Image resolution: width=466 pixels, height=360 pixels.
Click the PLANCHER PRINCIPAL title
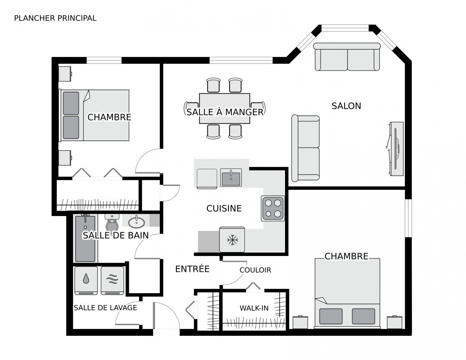(55, 18)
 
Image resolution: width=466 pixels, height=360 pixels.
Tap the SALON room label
(346, 106)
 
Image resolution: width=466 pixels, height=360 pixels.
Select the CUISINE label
(224, 208)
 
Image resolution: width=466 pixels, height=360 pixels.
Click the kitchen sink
(231, 177)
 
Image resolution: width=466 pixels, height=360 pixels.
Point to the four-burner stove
(273, 208)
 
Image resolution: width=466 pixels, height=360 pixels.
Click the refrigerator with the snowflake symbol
(232, 239)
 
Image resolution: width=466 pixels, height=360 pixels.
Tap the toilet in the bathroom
(112, 223)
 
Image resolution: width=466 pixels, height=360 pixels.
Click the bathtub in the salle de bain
(85, 238)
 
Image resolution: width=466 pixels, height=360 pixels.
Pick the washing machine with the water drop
(86, 280)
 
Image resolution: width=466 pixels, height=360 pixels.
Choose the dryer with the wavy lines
(112, 280)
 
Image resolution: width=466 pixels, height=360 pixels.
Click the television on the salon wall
(396, 149)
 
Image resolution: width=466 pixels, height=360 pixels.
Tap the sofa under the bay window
(347, 57)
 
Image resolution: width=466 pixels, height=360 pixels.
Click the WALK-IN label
(254, 308)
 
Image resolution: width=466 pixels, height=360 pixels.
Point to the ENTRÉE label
(193, 269)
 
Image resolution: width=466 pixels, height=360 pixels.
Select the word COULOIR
(255, 270)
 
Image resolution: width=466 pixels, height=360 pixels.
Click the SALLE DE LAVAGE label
(105, 308)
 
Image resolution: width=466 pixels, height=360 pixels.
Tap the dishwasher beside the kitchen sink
(207, 179)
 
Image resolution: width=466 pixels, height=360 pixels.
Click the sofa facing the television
(306, 148)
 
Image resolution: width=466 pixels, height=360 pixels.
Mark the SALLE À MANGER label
(225, 112)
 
